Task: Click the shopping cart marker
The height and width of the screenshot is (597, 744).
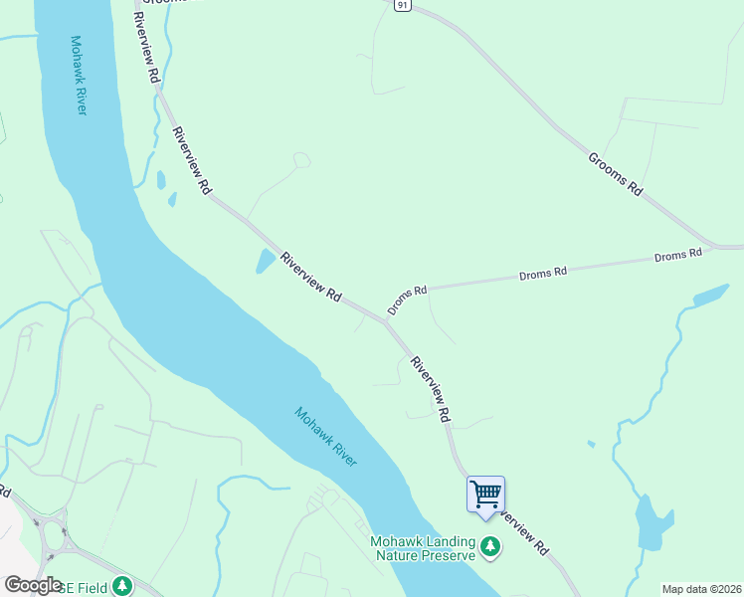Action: tap(485, 495)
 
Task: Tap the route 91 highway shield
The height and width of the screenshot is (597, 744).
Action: tap(400, 5)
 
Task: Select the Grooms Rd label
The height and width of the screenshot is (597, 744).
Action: tap(616, 173)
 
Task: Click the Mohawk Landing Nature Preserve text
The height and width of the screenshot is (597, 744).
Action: tap(423, 548)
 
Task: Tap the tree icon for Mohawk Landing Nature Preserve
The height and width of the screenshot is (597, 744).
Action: tap(489, 546)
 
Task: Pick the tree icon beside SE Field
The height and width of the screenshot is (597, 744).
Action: tap(121, 586)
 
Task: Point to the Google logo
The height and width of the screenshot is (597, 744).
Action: tap(33, 585)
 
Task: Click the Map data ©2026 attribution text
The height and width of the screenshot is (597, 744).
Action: tap(701, 588)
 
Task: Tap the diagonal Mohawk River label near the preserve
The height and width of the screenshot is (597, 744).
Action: tap(326, 437)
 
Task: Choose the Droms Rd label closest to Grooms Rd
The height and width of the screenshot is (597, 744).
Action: tap(678, 255)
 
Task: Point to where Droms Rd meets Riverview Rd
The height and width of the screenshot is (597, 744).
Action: tap(386, 320)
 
